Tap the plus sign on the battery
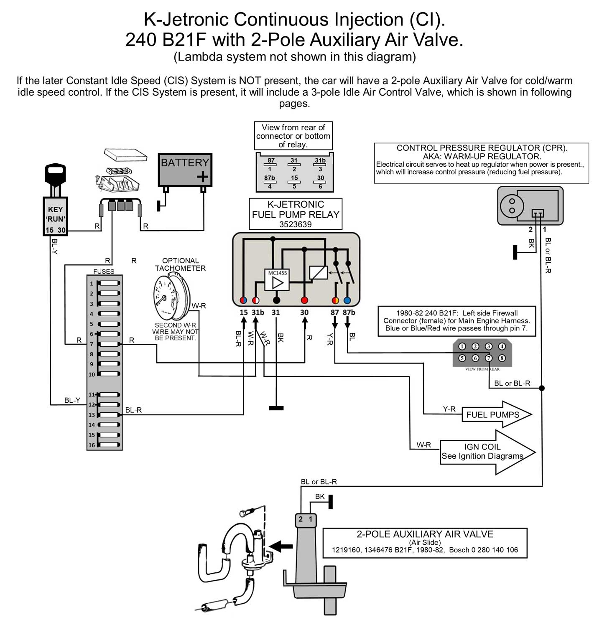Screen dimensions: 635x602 [x=202, y=177]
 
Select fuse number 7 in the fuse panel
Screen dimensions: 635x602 [x=108, y=344]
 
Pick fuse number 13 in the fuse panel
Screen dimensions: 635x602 [x=108, y=415]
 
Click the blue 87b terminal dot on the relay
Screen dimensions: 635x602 [x=347, y=300]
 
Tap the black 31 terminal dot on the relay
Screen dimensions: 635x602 [x=276, y=300]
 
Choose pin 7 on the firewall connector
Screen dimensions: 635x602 [x=488, y=358]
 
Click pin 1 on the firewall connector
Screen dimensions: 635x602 [x=462, y=346]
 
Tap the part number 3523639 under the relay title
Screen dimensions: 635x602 [x=296, y=224]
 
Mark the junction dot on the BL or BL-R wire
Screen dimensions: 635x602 [x=542, y=388]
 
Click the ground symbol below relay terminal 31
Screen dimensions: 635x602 [x=276, y=408]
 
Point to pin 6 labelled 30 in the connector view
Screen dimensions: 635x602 [x=320, y=182]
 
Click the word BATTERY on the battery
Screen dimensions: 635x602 [x=185, y=163]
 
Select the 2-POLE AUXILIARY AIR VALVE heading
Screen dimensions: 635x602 [x=425, y=534]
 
